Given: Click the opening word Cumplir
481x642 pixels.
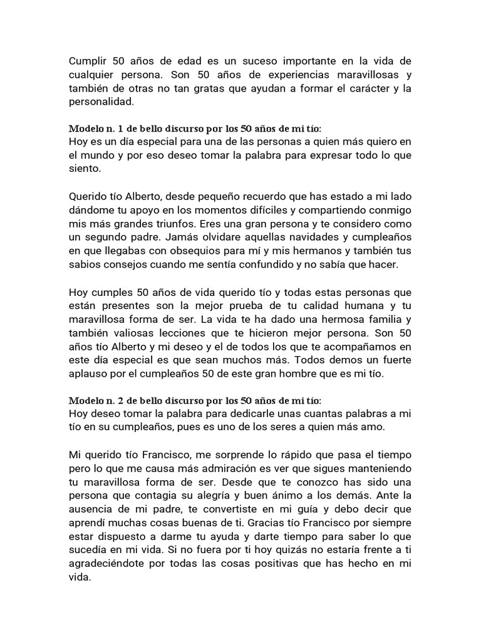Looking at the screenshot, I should (88, 61).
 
